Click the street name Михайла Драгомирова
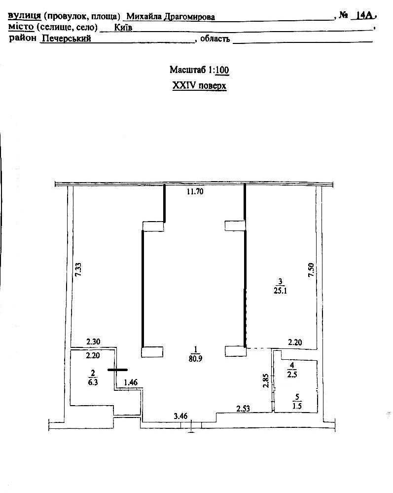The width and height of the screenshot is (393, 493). [x=171, y=17]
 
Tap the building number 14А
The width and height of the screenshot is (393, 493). [x=364, y=15]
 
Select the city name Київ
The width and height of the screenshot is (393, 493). [x=123, y=27]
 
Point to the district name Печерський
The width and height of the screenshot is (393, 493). [x=67, y=38]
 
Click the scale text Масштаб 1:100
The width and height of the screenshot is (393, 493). [x=199, y=70]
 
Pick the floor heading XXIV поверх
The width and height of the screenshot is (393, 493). [x=199, y=85]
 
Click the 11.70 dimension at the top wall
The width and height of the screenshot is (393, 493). [x=195, y=191]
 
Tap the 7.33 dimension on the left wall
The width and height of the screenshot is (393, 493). [x=78, y=270]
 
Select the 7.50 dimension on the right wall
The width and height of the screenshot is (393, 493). [x=311, y=270]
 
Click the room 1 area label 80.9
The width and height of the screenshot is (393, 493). [x=195, y=358]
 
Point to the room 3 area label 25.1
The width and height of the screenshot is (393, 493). [x=280, y=291]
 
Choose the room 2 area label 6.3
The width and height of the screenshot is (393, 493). [x=93, y=382]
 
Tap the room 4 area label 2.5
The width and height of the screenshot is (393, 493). [x=292, y=375]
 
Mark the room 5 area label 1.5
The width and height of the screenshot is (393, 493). [x=297, y=406]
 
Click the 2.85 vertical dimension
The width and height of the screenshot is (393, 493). [x=266, y=380]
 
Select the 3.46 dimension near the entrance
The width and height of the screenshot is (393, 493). [x=180, y=417]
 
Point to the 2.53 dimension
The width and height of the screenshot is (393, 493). [x=243, y=409]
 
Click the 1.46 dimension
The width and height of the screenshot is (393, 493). [x=131, y=382]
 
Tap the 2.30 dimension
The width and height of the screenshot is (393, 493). [x=93, y=341]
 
